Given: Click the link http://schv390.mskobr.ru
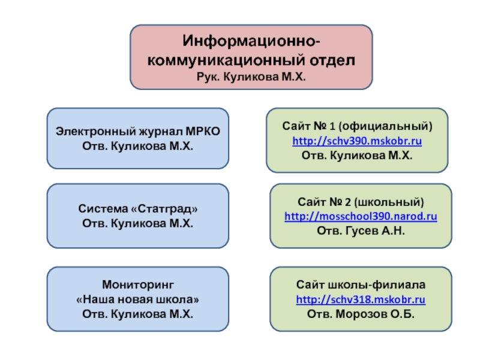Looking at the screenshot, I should click(x=357, y=141).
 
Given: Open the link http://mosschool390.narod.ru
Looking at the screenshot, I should click(x=361, y=215).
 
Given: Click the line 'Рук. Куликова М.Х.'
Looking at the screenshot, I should click(x=251, y=77).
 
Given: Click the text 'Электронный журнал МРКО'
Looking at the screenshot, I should click(x=138, y=131).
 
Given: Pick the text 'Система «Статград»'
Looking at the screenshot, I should click(x=138, y=209).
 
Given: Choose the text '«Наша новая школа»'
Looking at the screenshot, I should click(x=138, y=299).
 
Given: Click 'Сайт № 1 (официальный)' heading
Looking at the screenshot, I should click(x=357, y=127).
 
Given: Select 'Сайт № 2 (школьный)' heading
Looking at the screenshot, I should click(x=361, y=201).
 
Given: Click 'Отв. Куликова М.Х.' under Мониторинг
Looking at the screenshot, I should click(x=138, y=313).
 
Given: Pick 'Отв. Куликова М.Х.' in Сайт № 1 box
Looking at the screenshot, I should click(x=357, y=155).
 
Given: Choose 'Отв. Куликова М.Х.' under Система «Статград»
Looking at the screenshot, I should click(x=138, y=224).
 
